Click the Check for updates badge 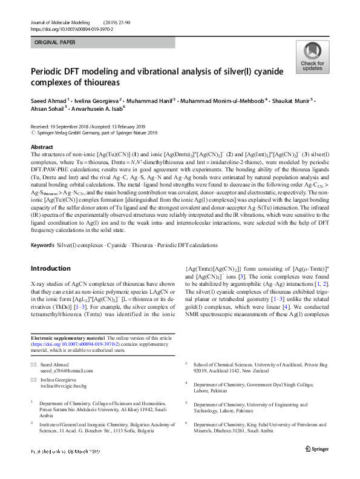(x=312, y=57)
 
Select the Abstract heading (x=42, y=147)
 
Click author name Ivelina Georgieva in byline (x=97, y=99)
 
